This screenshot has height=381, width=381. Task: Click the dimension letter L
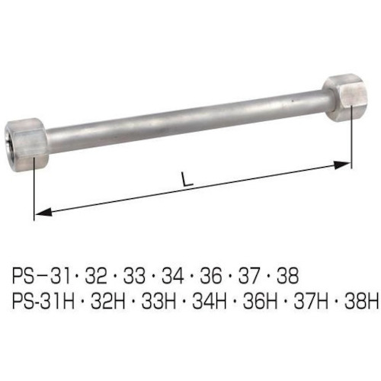pos(187,180)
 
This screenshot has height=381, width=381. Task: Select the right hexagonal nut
pos(346,98)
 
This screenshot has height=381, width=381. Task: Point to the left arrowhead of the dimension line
pos(43,212)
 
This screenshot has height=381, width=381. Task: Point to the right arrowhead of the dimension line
pos(343,165)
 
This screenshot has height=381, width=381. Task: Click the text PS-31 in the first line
pos(41,276)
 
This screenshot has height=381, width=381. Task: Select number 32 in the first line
pos(96,276)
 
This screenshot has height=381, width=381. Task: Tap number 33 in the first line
pos(134,276)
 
